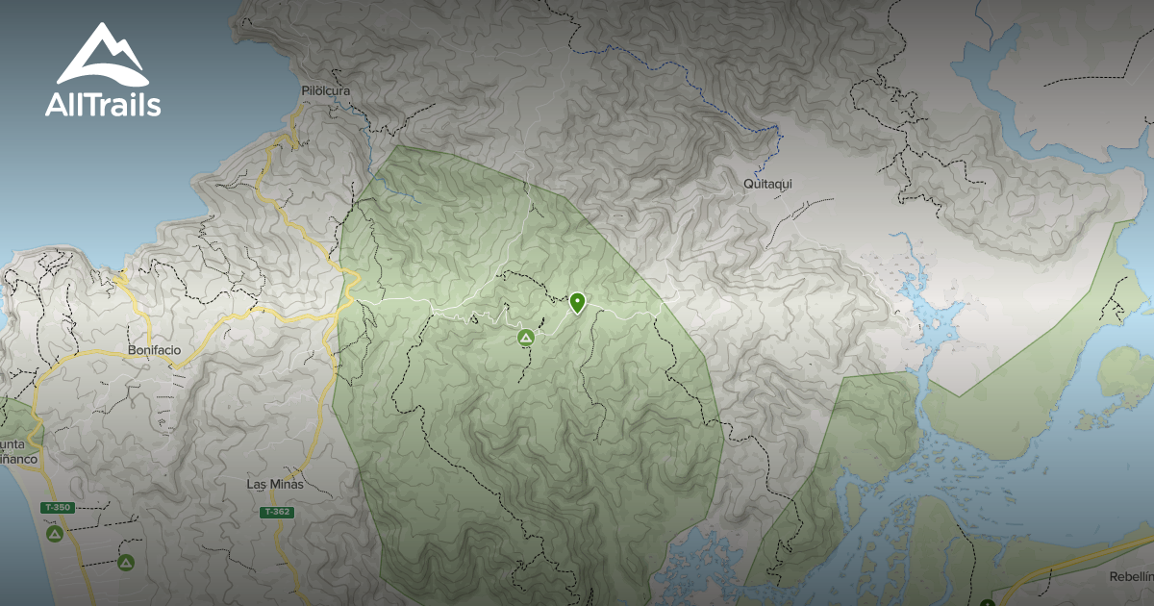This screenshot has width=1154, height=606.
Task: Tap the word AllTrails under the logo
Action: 103,105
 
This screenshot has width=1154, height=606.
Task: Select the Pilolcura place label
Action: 325,91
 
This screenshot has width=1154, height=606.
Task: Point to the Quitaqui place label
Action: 767,183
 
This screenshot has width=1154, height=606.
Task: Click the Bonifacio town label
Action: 154,351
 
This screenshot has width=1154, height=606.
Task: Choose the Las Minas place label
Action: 275,485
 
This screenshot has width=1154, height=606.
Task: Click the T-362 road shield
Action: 276,513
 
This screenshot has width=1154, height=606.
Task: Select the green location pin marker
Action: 577,302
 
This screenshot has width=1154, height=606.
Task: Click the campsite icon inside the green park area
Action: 525,338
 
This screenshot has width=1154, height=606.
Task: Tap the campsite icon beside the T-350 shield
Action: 55,532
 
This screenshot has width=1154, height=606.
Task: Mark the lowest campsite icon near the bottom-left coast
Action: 125,562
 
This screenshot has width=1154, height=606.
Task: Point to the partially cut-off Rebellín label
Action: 1131,577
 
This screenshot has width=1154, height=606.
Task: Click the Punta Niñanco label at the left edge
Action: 17,452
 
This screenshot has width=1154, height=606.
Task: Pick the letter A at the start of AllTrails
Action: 56,105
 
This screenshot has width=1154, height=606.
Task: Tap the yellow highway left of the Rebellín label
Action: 1058,563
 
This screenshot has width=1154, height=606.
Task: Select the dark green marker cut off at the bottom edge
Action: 987,601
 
